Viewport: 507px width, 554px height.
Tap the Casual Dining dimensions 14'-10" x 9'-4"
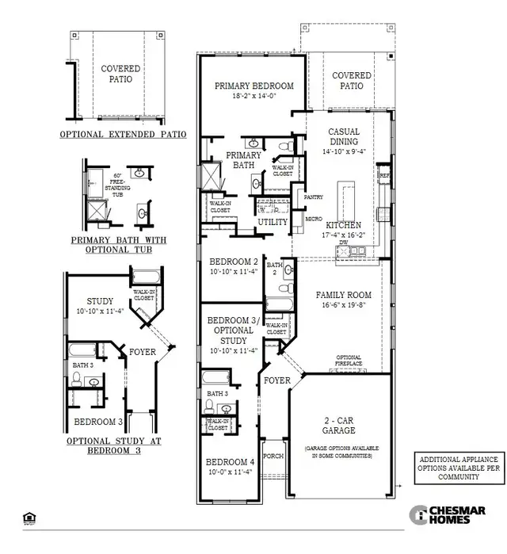coord(344,151)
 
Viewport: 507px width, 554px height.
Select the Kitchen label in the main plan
coord(349,225)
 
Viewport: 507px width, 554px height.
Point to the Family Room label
coord(344,295)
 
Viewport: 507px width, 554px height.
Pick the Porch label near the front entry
coord(273,456)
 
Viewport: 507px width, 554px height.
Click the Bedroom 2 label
coord(233,262)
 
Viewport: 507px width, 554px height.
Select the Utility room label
coord(273,223)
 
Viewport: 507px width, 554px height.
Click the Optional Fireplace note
coord(349,361)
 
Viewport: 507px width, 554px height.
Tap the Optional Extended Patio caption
coord(123,135)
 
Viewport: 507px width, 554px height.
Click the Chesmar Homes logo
coord(452,514)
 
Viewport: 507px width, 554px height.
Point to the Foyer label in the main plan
coord(278,380)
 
